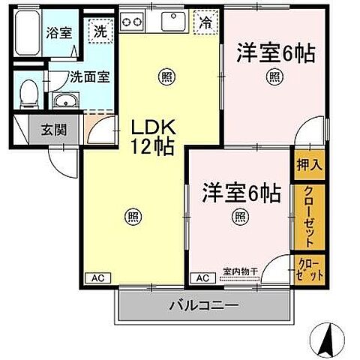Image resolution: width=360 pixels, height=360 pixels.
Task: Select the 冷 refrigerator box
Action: [204, 22]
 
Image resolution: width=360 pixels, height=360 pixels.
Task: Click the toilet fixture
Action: [28, 94]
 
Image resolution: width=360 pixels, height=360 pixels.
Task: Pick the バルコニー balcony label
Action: [202, 306]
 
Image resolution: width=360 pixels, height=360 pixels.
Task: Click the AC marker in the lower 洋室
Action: [202, 277]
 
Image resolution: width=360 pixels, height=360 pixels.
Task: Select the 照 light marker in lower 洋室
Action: [239, 217]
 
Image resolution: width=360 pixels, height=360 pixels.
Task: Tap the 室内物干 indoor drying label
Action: [241, 271]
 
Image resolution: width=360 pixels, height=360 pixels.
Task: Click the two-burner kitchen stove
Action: [133, 22]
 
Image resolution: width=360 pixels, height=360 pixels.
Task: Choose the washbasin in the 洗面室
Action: [64, 101]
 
